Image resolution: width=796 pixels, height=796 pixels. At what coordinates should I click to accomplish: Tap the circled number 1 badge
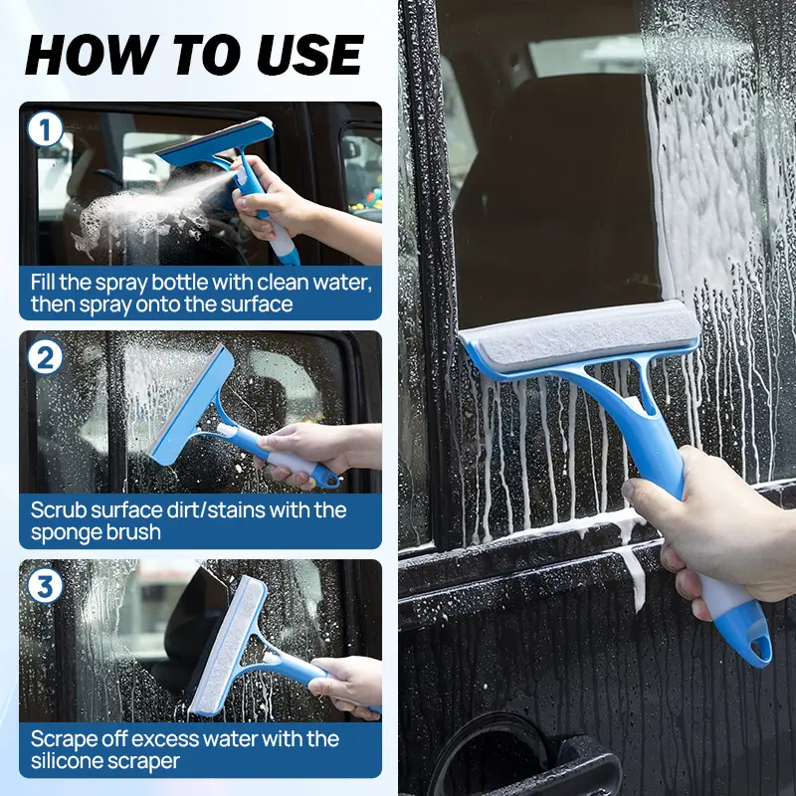[x=45, y=129]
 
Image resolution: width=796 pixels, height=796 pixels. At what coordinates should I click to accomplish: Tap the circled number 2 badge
[x=45, y=357]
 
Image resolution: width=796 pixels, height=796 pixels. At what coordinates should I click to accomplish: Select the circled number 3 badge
[x=45, y=585]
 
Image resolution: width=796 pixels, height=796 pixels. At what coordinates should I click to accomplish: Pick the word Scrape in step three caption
[x=62, y=738]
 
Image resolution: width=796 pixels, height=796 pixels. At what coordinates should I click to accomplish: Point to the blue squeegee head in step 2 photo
[x=192, y=405]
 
